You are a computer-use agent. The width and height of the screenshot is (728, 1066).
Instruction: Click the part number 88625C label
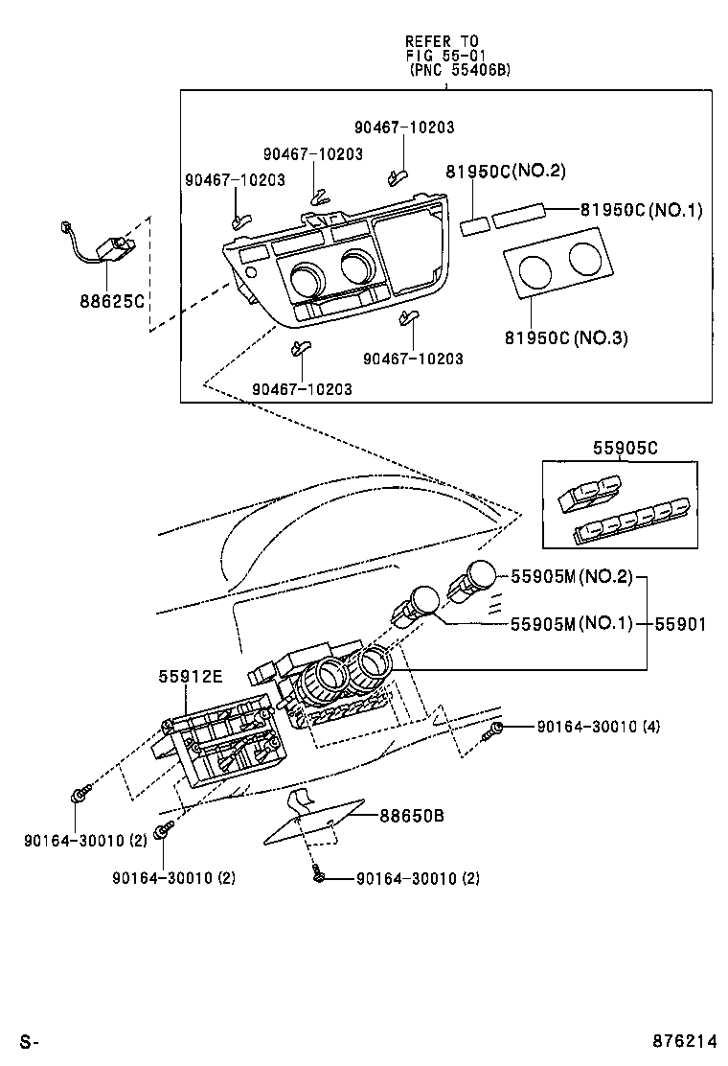(x=112, y=300)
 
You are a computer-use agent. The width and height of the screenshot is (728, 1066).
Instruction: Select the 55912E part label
(x=191, y=676)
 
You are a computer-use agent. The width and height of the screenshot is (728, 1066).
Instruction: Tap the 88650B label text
(x=412, y=815)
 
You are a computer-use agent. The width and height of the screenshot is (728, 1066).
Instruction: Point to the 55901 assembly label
(x=680, y=623)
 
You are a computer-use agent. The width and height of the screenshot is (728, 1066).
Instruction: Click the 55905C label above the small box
(x=626, y=448)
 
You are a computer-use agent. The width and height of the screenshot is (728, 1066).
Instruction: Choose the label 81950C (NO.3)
(x=566, y=337)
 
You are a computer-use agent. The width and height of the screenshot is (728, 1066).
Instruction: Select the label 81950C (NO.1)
(x=641, y=209)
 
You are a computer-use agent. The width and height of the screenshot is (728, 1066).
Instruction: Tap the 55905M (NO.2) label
(x=571, y=576)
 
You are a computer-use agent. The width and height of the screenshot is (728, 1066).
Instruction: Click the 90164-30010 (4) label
(x=599, y=727)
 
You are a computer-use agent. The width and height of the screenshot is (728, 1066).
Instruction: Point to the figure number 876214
(x=685, y=1041)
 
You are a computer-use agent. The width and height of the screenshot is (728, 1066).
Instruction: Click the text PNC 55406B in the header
(x=461, y=69)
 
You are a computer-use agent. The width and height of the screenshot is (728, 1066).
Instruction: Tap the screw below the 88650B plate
(x=317, y=874)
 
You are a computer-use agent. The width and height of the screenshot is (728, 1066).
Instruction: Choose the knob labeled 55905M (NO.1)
(x=417, y=604)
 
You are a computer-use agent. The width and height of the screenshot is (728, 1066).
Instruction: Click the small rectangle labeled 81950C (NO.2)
(x=474, y=225)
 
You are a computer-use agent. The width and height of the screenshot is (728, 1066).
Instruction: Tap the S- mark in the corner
(x=29, y=1041)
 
